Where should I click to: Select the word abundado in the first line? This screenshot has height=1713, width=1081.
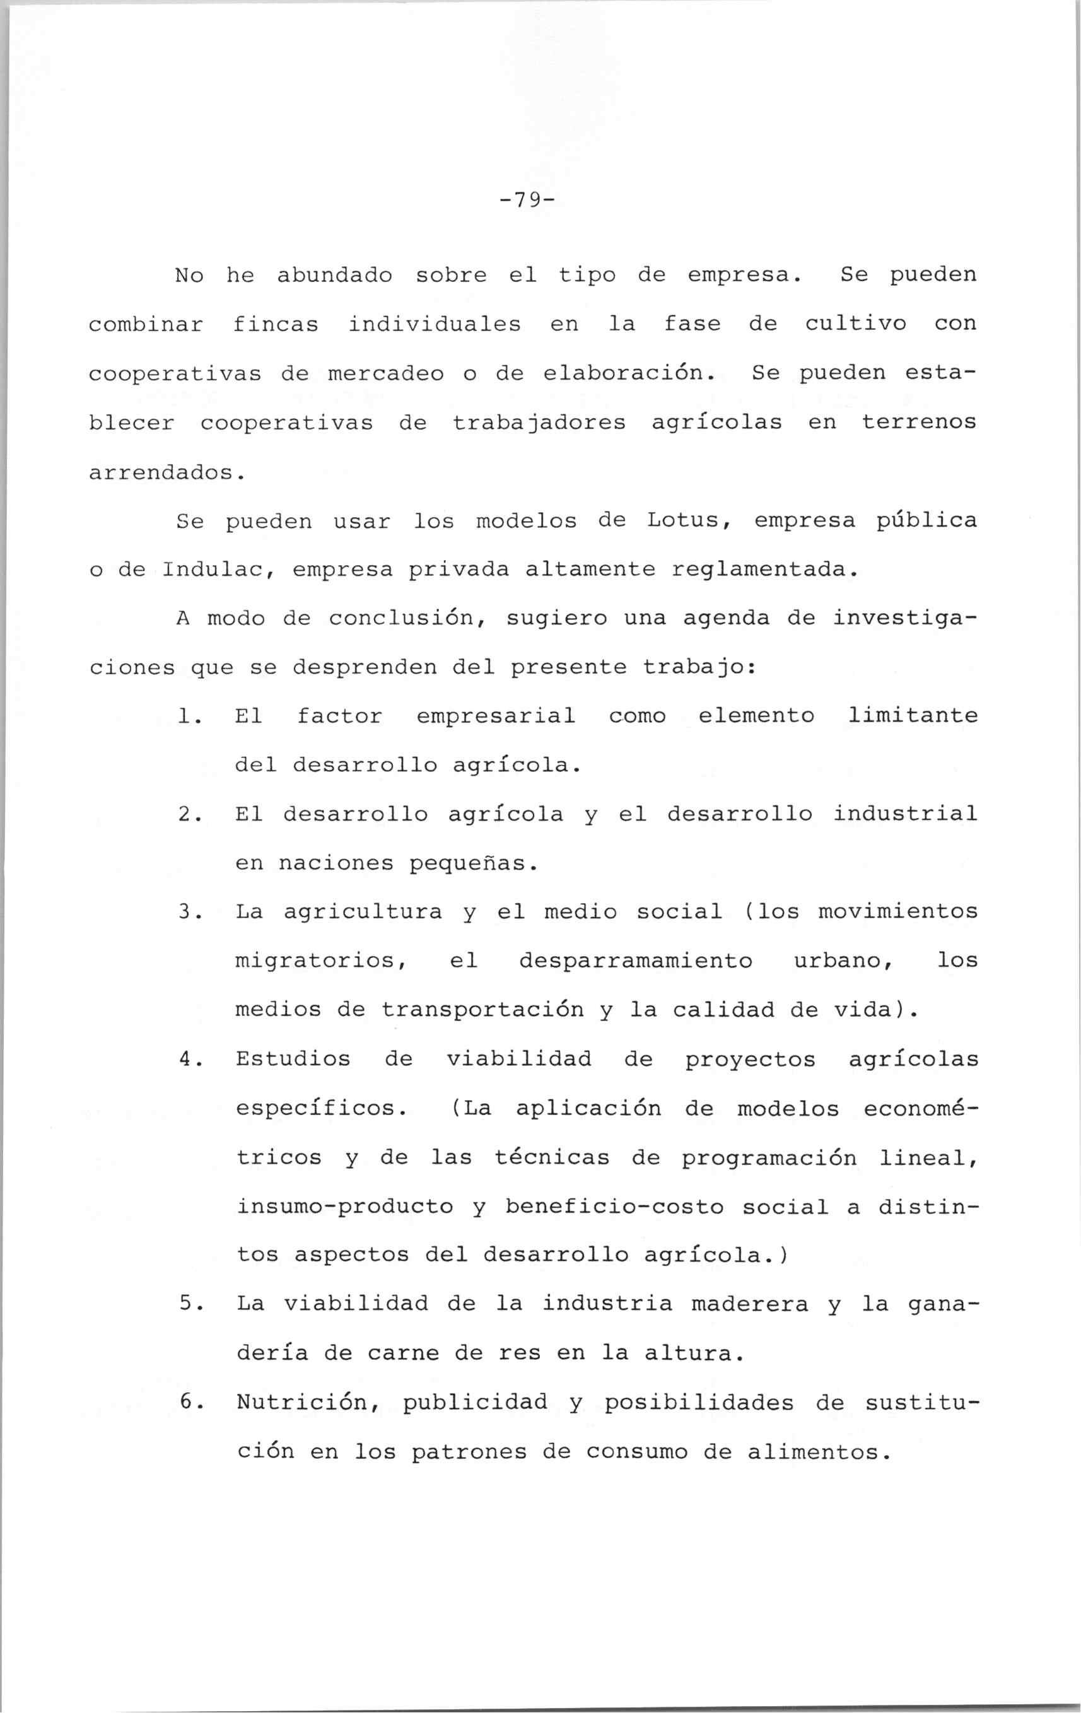(334, 274)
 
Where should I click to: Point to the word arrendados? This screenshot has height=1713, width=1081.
(167, 472)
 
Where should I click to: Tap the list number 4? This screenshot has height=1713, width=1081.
(187, 1059)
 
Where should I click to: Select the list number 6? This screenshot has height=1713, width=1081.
(187, 1403)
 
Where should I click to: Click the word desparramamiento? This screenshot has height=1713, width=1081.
(635, 961)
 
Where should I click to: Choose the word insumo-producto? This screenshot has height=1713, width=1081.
(345, 1207)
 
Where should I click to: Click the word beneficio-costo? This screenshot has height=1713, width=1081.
(614, 1207)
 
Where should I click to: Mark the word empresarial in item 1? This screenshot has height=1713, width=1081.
(496, 716)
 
